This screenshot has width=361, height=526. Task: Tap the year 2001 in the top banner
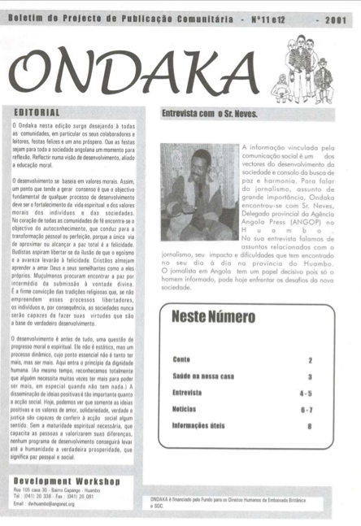pos(335,17)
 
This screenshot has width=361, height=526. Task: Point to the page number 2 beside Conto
pos(310,359)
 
